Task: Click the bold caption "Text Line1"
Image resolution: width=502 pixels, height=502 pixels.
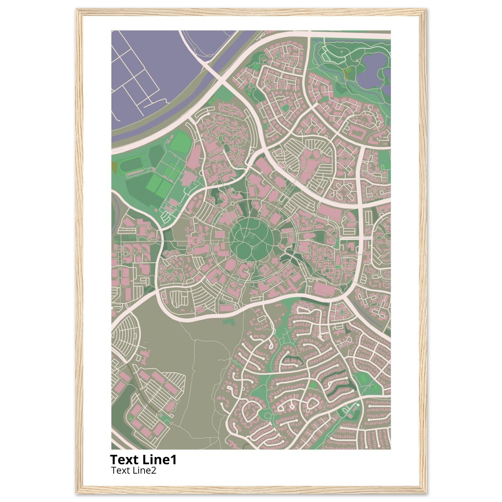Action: coord(143,460)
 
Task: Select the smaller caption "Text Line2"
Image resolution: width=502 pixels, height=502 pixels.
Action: coord(134,470)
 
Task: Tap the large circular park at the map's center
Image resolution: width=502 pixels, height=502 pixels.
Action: coord(251,239)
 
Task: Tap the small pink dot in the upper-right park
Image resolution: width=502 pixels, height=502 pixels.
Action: coord(358,61)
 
